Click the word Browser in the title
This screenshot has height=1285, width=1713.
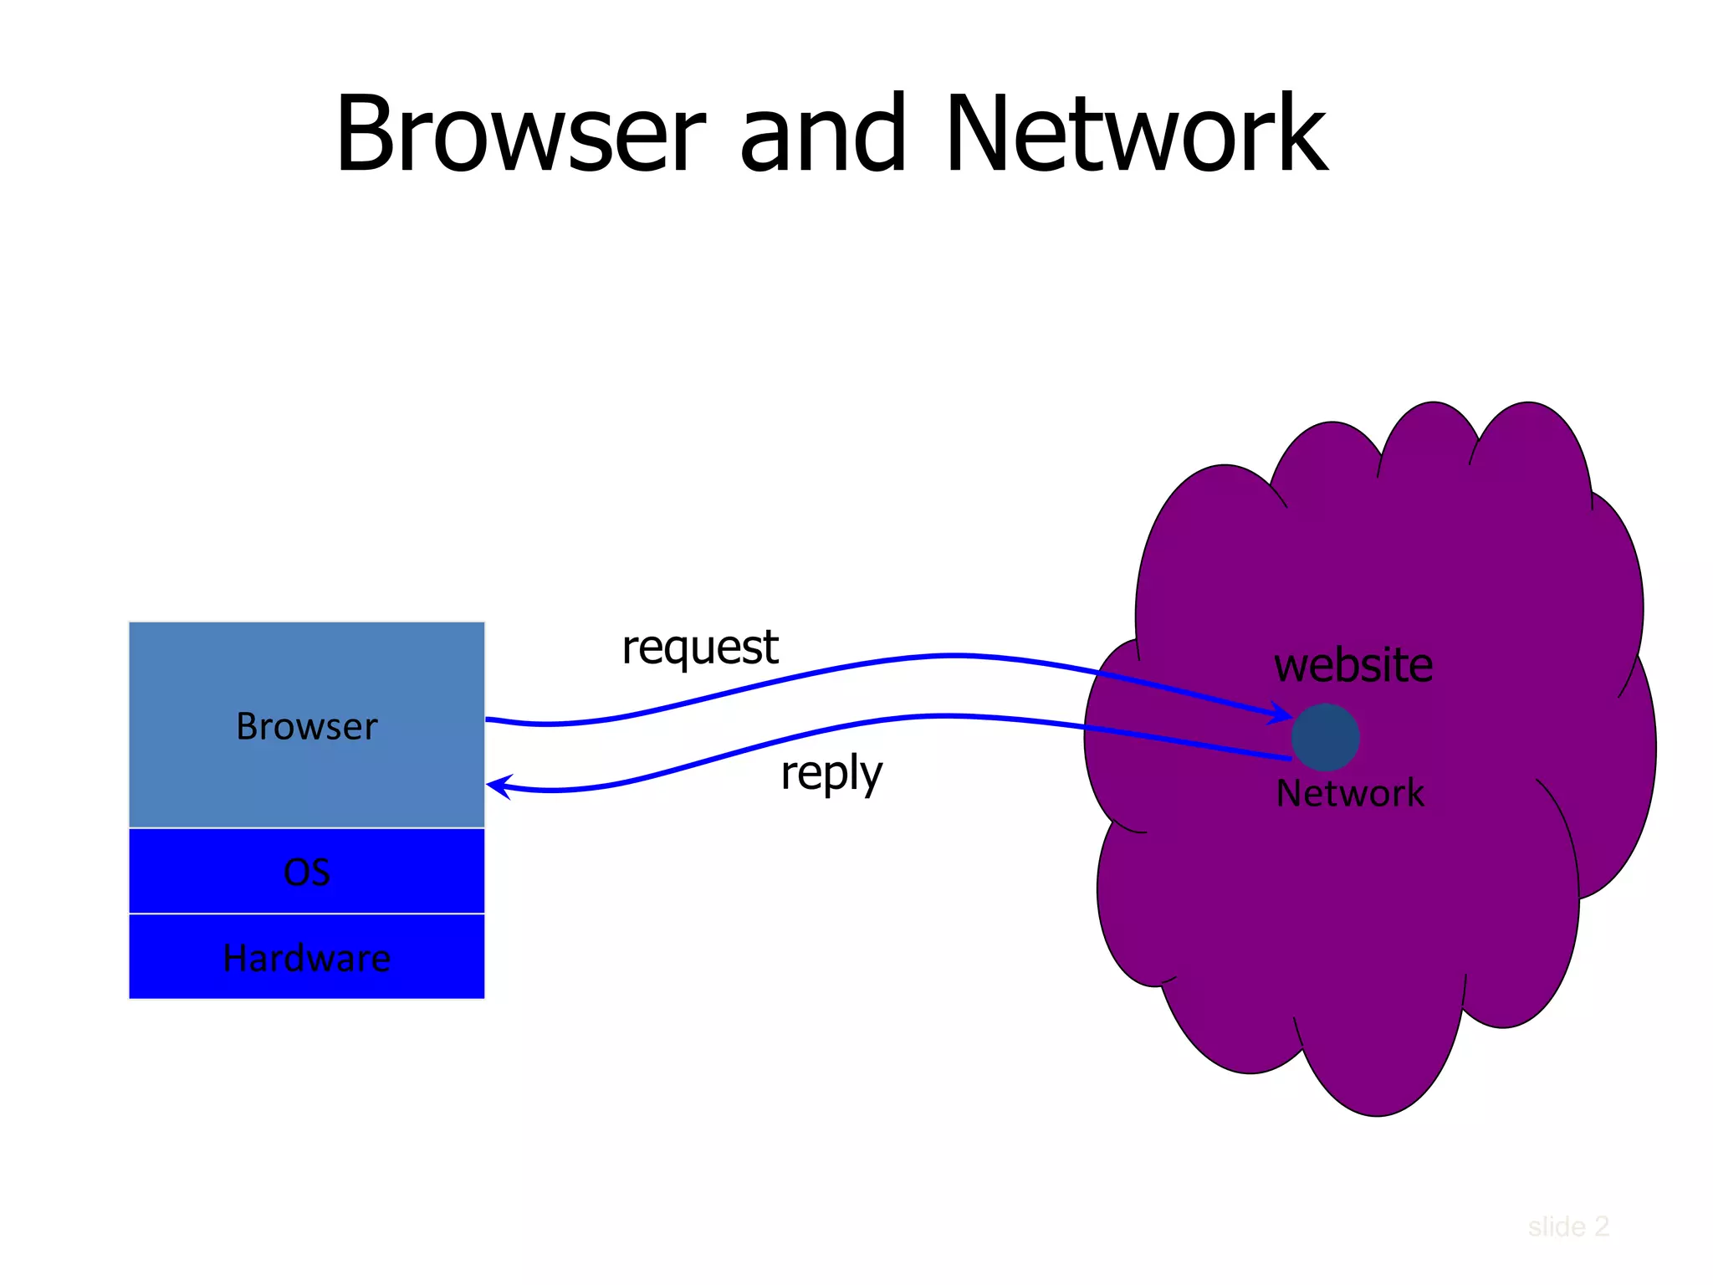click(x=520, y=134)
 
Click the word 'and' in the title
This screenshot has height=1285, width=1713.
click(x=823, y=134)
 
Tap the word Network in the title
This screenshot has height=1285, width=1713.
click(x=1136, y=134)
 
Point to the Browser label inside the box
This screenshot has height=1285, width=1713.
click(x=306, y=726)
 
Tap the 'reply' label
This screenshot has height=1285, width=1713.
click(x=831, y=773)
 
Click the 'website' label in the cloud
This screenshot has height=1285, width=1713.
click(x=1353, y=666)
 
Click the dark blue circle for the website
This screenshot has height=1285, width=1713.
click(x=1325, y=737)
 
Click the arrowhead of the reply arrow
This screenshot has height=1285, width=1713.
click(x=497, y=786)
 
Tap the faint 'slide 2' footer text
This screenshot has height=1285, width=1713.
click(x=1567, y=1226)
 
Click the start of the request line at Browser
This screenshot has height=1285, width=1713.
click(x=489, y=719)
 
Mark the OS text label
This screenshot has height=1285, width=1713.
click(x=306, y=873)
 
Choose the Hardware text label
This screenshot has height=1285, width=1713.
click(x=306, y=958)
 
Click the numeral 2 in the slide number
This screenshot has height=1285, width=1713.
click(x=1600, y=1226)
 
